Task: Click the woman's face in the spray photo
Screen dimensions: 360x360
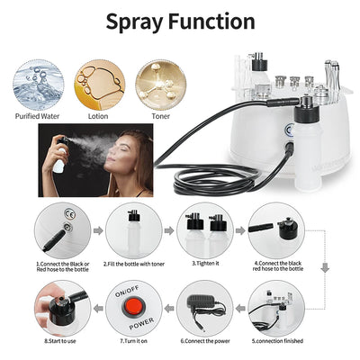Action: pos(131,157)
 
